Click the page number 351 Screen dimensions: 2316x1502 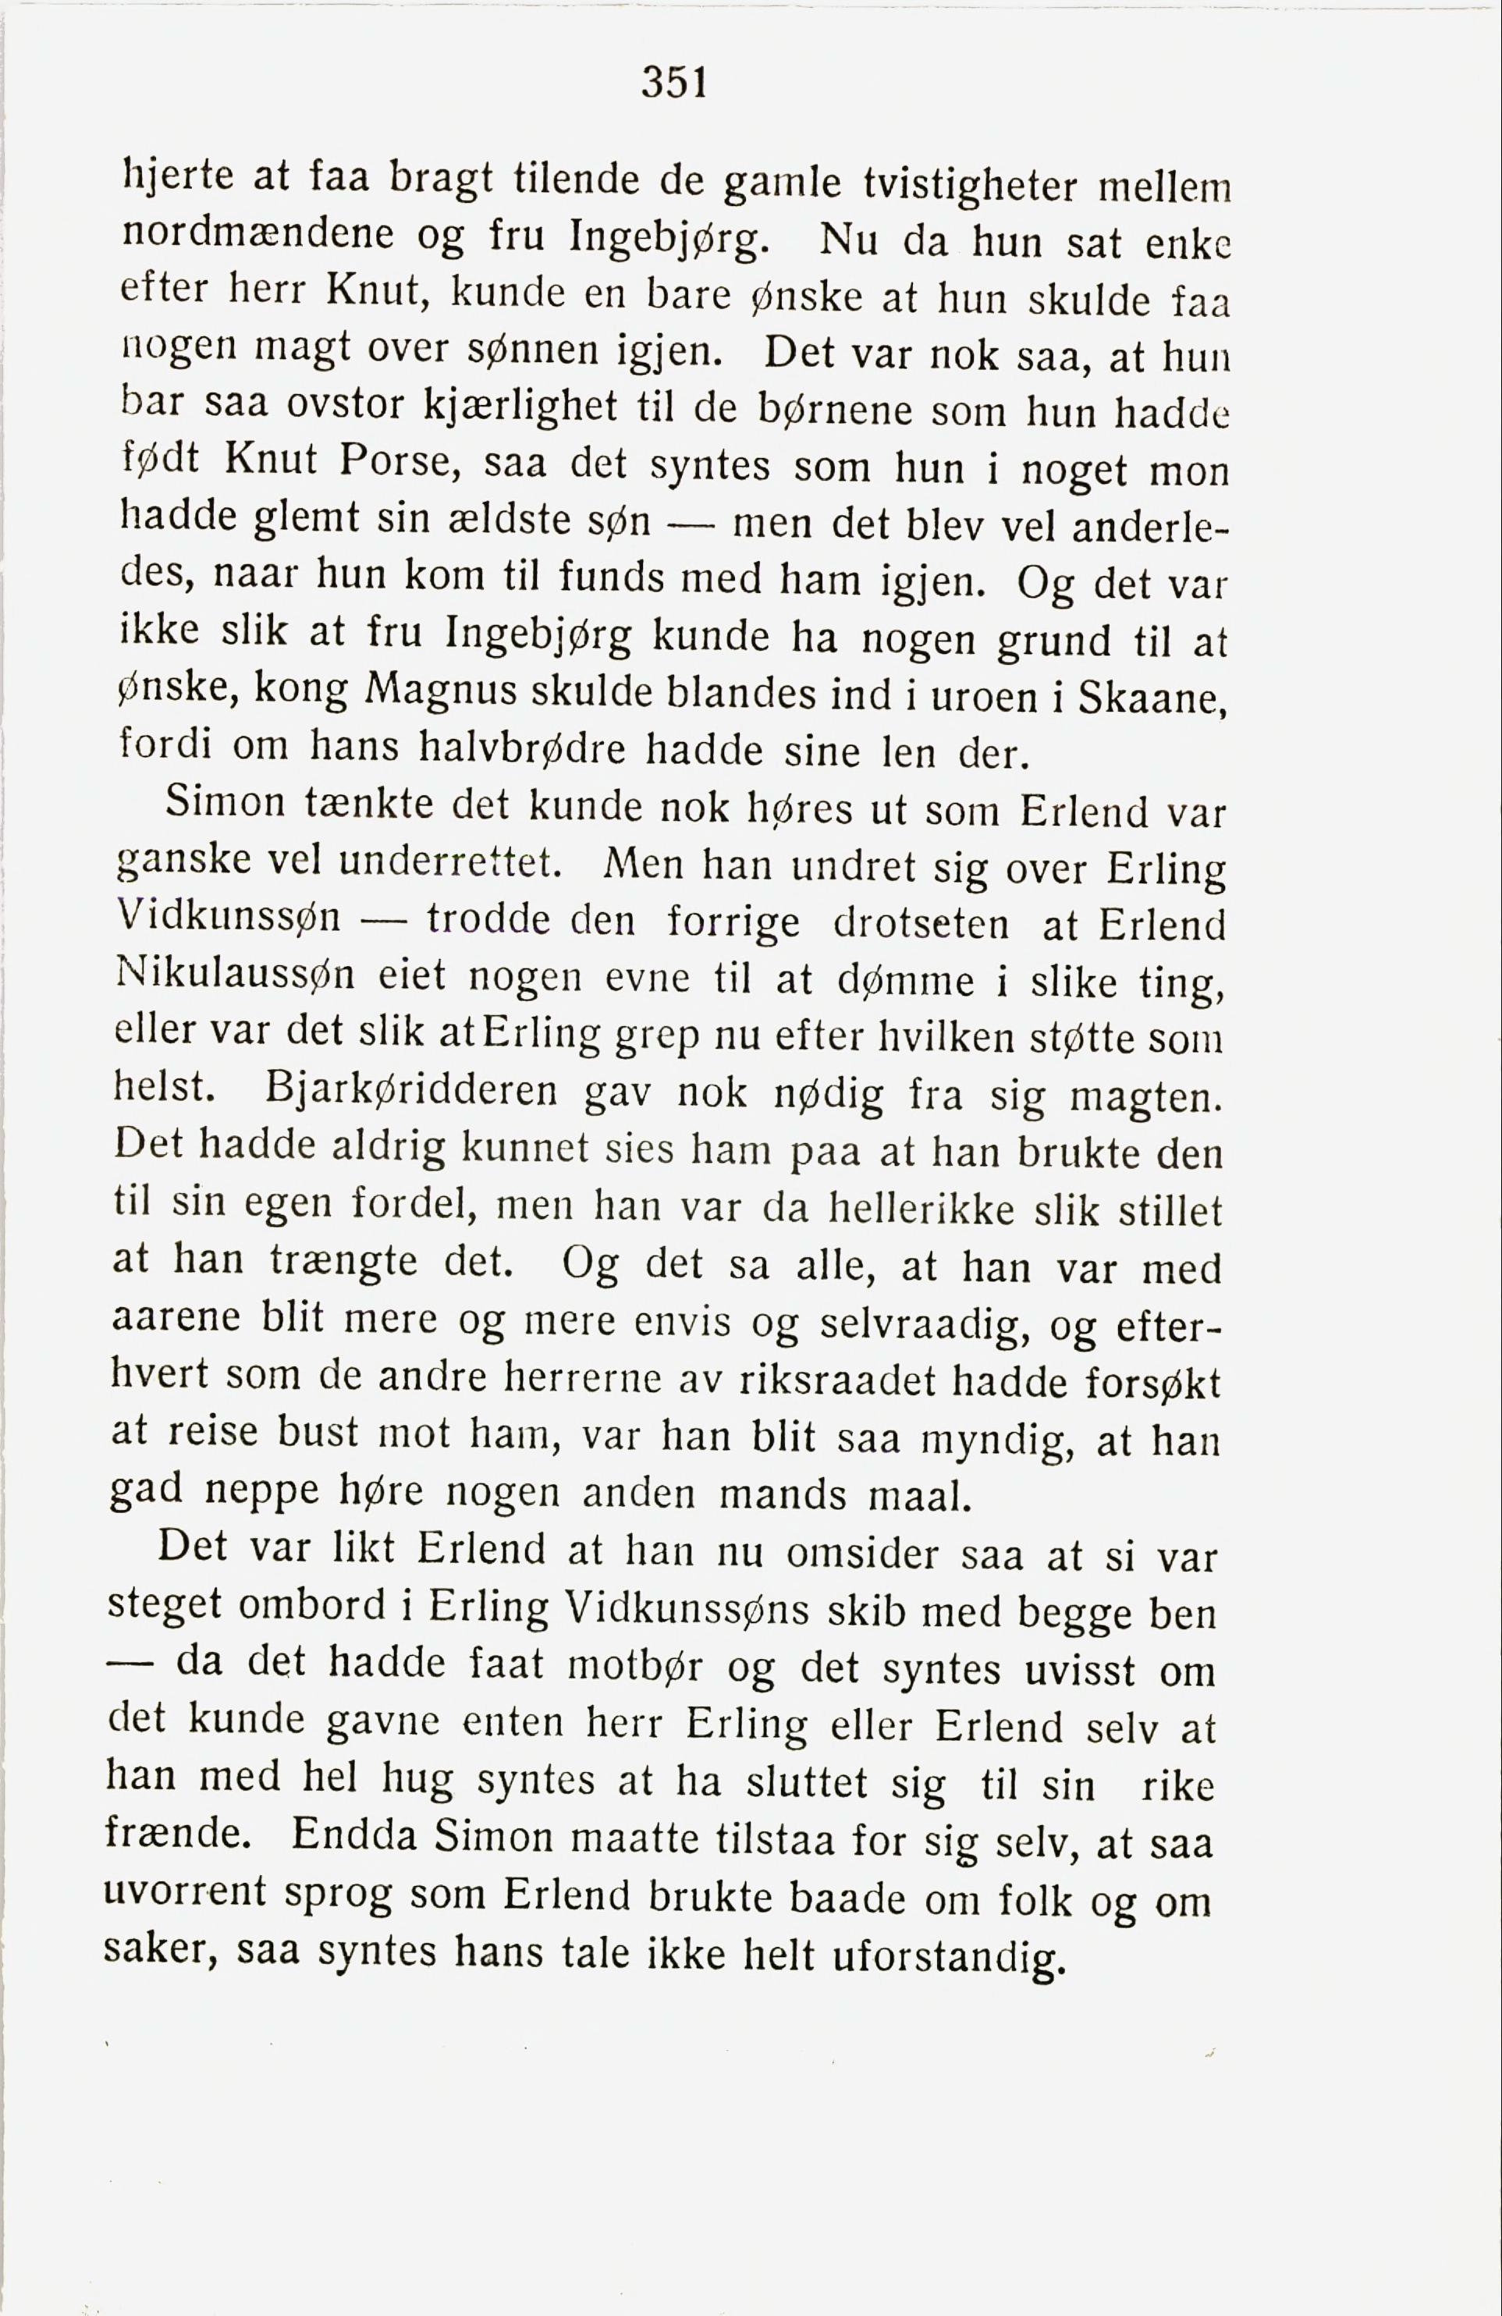673,83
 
